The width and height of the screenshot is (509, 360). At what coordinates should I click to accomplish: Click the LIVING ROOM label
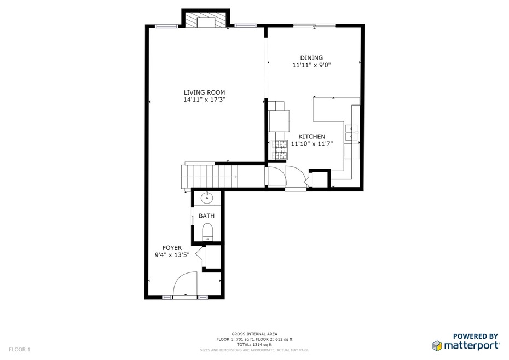pos(204,92)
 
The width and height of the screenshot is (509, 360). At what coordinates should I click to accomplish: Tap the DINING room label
pos(311,58)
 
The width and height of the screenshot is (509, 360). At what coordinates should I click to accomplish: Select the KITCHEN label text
pos(311,137)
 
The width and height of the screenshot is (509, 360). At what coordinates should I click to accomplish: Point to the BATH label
pos(206,216)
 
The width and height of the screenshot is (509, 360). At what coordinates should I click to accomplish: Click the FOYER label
pos(172,248)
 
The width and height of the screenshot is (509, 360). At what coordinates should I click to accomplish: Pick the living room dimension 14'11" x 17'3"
pos(204,100)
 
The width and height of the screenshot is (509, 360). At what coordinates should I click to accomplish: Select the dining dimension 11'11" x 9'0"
pos(311,65)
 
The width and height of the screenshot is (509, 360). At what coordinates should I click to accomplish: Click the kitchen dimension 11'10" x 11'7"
pos(311,144)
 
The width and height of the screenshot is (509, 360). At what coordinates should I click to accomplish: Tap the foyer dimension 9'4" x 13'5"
pos(172,255)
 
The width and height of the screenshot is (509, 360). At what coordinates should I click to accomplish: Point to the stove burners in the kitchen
pos(280,150)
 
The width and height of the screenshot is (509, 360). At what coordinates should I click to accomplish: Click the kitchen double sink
pos(351,132)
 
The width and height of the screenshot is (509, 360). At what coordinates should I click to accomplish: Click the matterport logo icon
pos(437,346)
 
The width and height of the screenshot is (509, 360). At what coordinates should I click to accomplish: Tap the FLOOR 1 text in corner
pos(20,349)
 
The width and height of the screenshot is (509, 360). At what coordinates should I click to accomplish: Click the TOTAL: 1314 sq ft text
pos(254,344)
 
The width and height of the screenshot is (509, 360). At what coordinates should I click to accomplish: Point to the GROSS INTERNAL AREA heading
pos(254,334)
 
